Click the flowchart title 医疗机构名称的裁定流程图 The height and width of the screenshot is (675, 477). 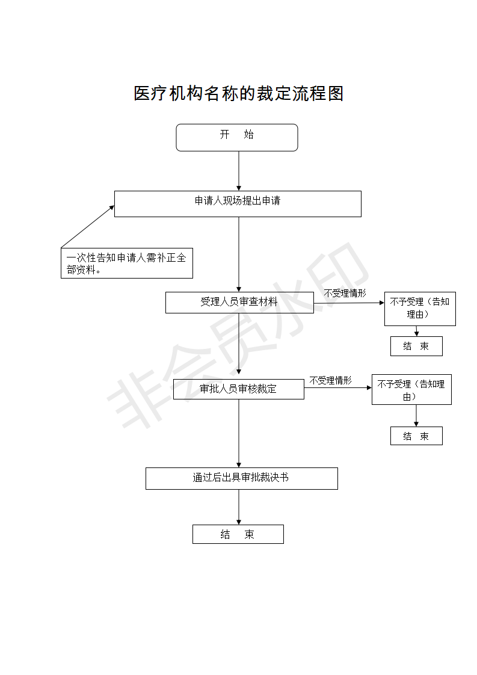point(238,93)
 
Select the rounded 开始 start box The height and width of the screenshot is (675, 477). point(237,138)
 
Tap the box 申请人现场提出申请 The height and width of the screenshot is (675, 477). point(238,204)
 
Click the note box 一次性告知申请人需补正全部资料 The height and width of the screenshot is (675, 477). point(127,263)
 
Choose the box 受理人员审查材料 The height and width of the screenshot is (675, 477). point(240,303)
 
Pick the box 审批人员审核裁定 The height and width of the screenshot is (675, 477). point(239,389)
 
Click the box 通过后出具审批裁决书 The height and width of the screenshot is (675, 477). point(242,478)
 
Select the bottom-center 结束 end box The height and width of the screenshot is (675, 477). point(238,534)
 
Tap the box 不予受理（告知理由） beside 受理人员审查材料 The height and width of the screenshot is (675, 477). point(420,309)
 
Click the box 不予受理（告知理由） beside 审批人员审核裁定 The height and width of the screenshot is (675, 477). point(411,390)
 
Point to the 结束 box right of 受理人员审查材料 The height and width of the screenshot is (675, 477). point(416,346)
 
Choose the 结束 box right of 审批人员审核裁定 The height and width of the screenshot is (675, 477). point(416,436)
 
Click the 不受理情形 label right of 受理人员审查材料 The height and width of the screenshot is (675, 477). point(345,293)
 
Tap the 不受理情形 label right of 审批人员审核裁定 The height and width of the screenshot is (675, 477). point(331,381)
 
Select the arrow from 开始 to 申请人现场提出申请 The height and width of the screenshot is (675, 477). point(239,171)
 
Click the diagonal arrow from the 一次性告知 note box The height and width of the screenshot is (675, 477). point(88,226)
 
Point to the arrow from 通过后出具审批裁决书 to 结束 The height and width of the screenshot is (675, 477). point(239,507)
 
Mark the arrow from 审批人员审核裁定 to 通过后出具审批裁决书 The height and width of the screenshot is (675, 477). point(239,434)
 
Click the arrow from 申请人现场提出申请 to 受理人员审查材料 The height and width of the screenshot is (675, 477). point(239,254)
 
